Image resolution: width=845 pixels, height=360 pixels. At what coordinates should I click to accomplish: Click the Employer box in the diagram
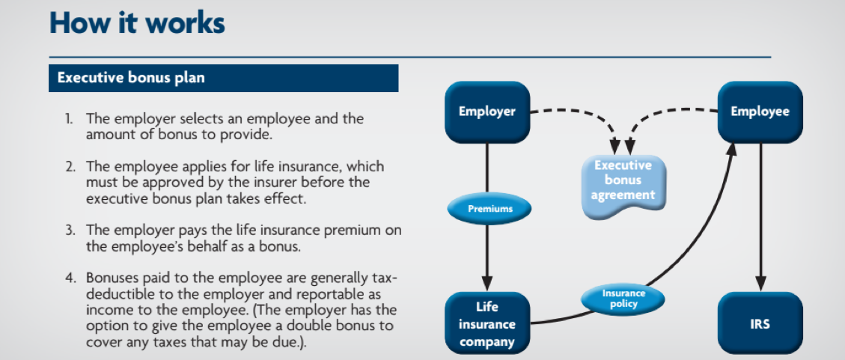click(487, 112)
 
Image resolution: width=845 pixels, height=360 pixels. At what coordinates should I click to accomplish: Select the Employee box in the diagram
click(760, 112)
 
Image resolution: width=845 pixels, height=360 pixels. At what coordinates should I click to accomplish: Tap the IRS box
click(760, 324)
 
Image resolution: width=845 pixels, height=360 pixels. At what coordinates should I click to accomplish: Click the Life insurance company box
click(487, 324)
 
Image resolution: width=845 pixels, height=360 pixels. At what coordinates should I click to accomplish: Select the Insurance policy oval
click(623, 299)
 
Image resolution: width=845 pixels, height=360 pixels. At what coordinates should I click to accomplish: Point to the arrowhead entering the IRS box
click(760, 284)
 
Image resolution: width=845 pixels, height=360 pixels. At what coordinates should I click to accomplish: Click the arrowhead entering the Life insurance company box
click(487, 284)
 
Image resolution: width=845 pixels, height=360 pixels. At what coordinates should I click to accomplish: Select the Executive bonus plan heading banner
click(224, 78)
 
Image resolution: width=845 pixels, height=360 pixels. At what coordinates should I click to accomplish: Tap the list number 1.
click(70, 118)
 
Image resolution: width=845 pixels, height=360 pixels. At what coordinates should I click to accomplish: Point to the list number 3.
click(70, 231)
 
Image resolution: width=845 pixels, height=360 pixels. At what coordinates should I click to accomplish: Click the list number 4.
click(70, 278)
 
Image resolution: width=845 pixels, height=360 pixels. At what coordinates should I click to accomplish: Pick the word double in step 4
click(305, 326)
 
